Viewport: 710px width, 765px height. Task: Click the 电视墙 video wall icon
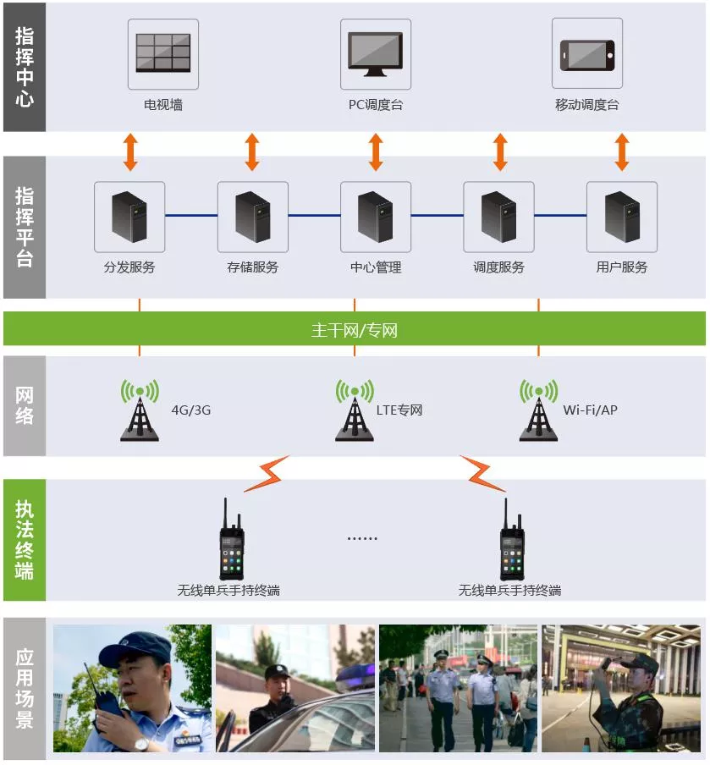tap(163, 52)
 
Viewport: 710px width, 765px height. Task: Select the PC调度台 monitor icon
tap(375, 54)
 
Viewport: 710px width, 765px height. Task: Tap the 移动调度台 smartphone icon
tap(587, 55)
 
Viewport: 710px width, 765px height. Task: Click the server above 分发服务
tap(129, 217)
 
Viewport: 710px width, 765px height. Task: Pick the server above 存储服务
tap(253, 217)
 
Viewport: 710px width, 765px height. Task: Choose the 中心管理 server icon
tap(375, 217)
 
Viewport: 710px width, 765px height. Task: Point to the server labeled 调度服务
tap(498, 217)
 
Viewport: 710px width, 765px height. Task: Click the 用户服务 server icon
tap(622, 217)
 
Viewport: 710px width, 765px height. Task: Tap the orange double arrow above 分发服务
tap(130, 152)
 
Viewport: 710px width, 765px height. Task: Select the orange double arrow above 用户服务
tap(622, 152)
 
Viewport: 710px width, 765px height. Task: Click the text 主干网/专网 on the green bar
tap(355, 330)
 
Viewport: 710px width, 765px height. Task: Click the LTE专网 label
tap(399, 410)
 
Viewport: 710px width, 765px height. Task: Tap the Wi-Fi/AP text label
tap(590, 410)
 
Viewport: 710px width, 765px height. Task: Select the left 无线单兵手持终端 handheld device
tap(231, 539)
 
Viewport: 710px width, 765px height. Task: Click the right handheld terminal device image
tap(512, 539)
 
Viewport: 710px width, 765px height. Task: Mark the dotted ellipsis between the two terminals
tap(362, 538)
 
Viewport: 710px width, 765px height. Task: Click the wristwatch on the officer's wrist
tap(142, 744)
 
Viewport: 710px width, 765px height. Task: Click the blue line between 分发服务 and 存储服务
tap(191, 215)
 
